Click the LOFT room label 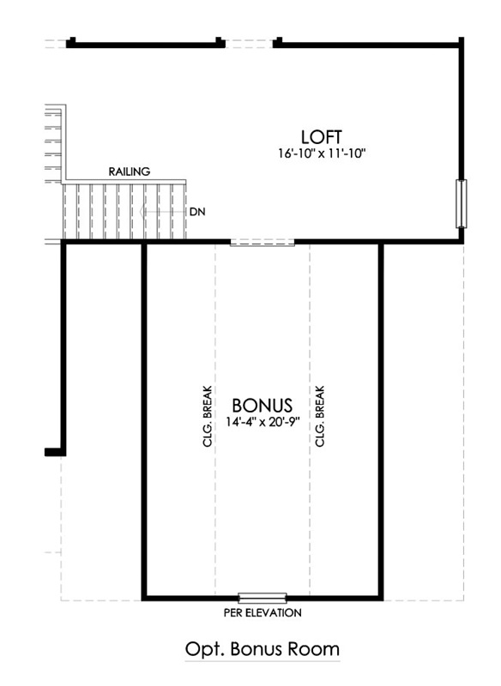click(x=321, y=137)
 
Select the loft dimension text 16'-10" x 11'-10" click(x=322, y=153)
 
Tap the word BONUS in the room click(x=263, y=406)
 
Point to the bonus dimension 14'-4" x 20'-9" click(x=263, y=422)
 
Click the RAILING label click(x=129, y=171)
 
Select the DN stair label click(x=197, y=212)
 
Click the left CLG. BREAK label click(x=208, y=416)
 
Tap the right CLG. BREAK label click(x=320, y=416)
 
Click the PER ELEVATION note click(x=263, y=612)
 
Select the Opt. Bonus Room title click(x=263, y=648)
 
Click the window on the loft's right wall click(x=462, y=203)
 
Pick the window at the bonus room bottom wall click(x=263, y=598)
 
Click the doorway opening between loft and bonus click(x=263, y=243)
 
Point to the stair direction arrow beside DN click(x=162, y=212)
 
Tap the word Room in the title click(x=313, y=648)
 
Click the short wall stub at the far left click(x=55, y=452)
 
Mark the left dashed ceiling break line click(x=215, y=419)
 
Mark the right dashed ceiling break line click(x=310, y=419)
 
